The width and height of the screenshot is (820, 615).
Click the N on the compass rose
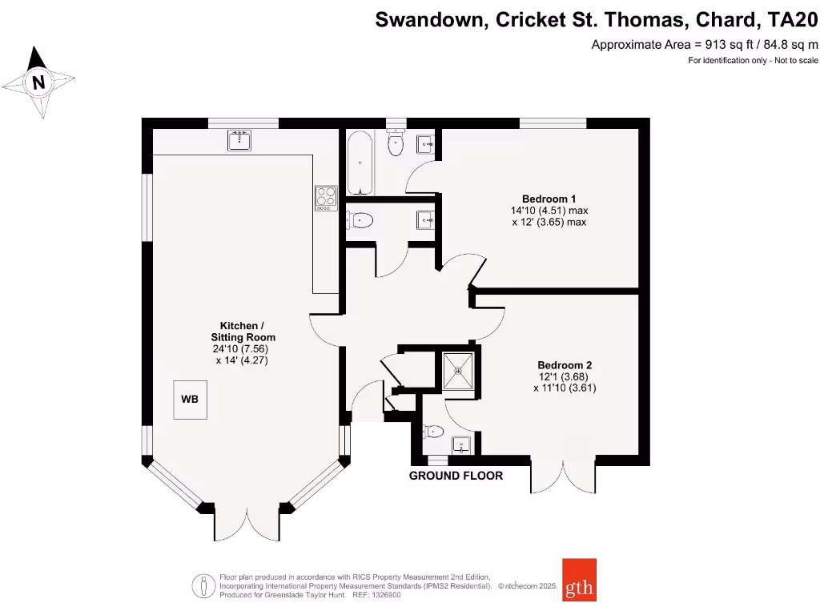pos(38,82)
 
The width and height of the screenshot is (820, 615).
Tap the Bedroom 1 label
pos(549,199)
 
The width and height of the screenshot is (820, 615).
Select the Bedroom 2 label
pos(565,364)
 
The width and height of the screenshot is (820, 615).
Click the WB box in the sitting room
pos(191,399)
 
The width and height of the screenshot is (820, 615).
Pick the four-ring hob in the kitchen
pos(326,197)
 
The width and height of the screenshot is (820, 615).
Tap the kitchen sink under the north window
pos(239,141)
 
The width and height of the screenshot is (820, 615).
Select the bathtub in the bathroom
pos(360,163)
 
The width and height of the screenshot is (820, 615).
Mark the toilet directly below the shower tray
pos(434,432)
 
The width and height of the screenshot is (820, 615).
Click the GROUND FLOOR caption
pos(456,476)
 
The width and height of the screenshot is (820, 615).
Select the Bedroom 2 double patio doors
pos(563,478)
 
